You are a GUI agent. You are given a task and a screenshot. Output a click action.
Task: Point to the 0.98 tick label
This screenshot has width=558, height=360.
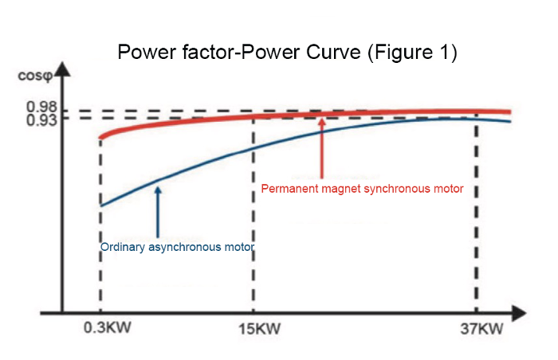[x=41, y=108]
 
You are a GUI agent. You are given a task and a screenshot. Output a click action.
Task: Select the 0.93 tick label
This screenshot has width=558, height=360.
[x=41, y=119]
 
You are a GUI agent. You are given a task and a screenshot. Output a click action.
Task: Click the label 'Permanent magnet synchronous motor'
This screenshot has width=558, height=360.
[x=363, y=189]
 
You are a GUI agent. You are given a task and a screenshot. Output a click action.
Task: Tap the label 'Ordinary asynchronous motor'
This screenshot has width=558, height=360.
[x=177, y=248]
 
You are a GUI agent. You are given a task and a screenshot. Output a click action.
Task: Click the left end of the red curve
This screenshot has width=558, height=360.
[x=100, y=138]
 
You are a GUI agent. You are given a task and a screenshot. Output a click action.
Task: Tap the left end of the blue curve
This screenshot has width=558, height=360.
[x=100, y=205]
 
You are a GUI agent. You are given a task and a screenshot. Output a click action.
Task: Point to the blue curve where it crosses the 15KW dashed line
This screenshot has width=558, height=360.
[x=253, y=148]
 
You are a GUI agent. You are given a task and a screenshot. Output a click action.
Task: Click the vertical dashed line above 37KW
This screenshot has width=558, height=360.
[x=477, y=215]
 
